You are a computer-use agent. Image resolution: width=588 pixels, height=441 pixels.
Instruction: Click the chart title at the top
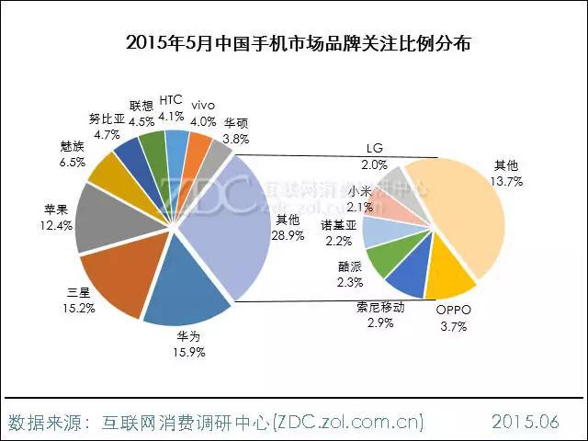(x=294, y=42)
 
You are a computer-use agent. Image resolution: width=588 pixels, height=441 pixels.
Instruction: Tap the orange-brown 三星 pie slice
(x=119, y=276)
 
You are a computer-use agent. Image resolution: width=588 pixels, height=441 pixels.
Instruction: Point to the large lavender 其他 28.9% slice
(x=230, y=220)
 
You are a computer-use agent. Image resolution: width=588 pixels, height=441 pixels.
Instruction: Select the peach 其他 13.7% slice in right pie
(x=459, y=211)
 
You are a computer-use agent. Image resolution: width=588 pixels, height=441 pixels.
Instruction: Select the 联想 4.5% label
(x=141, y=112)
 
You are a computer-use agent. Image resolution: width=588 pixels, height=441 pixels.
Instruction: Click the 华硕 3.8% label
(x=236, y=130)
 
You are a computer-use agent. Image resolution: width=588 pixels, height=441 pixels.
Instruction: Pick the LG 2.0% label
(x=375, y=156)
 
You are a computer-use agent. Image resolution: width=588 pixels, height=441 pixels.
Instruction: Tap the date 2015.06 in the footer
(x=525, y=422)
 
